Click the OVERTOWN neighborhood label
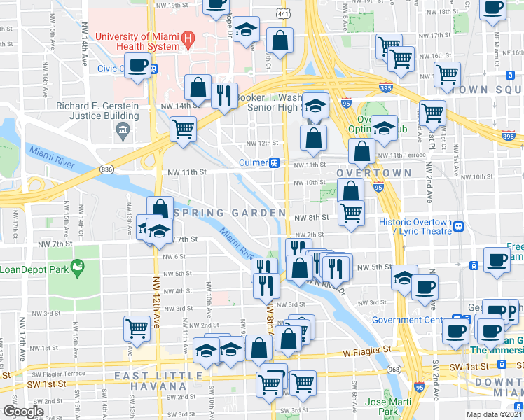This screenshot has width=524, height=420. pos(373,173)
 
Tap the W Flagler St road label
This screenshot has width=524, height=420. pos(366,349)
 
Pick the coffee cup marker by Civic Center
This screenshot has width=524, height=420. pos(139,66)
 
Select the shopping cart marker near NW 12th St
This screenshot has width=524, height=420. pos(183,129)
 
